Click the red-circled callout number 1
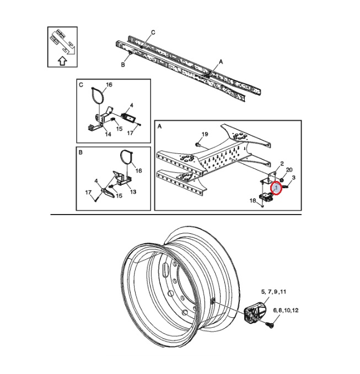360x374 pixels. pos(277,188)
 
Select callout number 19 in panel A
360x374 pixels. pos(205,135)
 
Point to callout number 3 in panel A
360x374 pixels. pos(294,178)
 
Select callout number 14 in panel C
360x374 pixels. pos(108,134)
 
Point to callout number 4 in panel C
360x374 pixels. pos(132,105)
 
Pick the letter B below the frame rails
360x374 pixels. pos(123,65)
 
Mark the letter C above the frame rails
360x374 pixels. pos(153,33)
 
